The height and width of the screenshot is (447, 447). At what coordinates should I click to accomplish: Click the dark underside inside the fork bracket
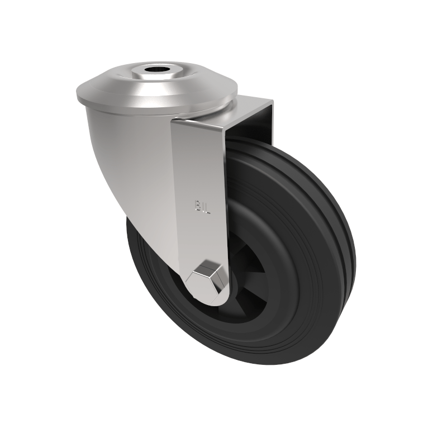pos(249,126)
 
